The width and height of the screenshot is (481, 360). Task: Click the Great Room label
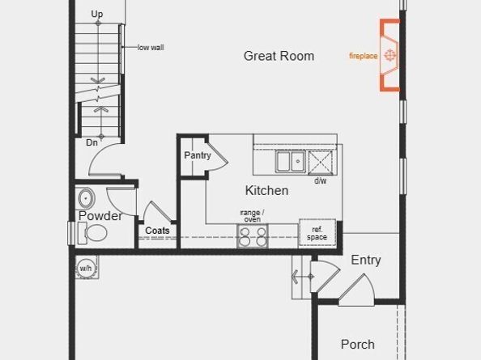[279, 56]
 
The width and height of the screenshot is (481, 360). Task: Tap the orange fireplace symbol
[390, 56]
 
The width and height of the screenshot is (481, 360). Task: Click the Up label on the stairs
[97, 15]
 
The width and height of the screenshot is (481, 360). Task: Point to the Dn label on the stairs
[92, 142]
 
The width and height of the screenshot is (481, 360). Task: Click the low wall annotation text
[151, 48]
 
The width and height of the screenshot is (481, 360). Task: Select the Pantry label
[198, 155]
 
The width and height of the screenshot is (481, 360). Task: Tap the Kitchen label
[266, 191]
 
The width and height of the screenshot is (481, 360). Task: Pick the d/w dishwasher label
[321, 181]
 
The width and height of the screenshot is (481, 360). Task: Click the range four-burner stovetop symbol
[252, 236]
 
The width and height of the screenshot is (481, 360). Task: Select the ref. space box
[317, 233]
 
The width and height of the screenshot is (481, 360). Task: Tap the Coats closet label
[158, 231]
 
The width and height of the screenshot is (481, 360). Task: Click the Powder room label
[100, 216]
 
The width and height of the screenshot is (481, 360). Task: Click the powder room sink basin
[86, 198]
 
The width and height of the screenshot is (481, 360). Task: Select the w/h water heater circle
[86, 268]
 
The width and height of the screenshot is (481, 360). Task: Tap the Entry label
[365, 260]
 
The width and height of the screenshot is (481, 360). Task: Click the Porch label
[357, 345]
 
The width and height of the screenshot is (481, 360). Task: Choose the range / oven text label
[251, 215]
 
